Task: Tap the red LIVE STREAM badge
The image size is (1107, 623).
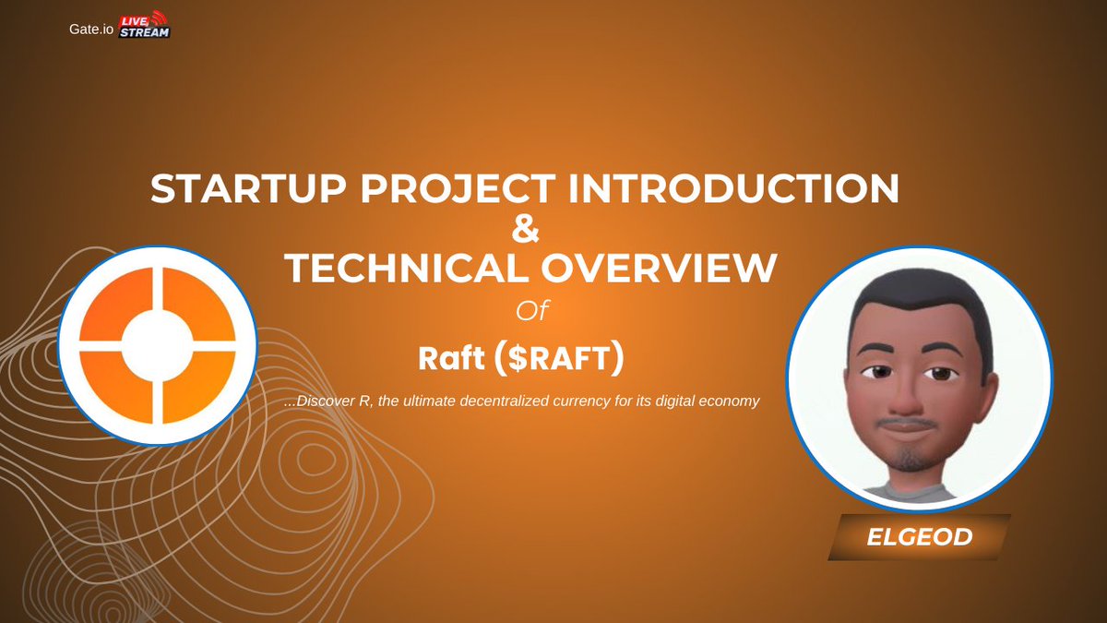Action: [x=146, y=25]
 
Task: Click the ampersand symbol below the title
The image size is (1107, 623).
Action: [x=524, y=229]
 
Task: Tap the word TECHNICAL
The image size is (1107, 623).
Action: [x=403, y=269]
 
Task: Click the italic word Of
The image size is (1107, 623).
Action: [x=532, y=311]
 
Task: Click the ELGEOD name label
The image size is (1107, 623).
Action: [x=919, y=537]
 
